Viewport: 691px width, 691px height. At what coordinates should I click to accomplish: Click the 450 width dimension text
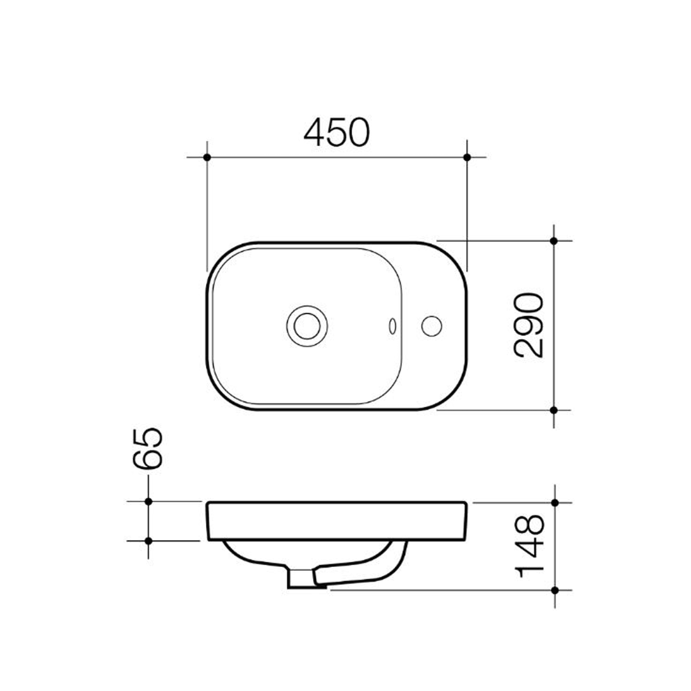337,132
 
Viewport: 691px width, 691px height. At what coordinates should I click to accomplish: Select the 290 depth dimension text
529,325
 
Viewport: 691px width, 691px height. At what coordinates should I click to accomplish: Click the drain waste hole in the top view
306,325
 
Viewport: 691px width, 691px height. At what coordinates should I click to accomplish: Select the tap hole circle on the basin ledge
432,325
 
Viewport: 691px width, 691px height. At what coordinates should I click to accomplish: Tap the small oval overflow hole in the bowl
392,326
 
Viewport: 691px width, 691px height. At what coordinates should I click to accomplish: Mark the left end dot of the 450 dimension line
207,157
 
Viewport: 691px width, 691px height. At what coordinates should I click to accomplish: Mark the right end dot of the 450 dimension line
467,157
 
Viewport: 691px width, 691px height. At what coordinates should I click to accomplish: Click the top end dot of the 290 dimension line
554,241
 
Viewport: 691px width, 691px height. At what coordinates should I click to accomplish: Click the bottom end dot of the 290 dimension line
554,409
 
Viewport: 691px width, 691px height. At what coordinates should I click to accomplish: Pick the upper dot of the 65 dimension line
148,502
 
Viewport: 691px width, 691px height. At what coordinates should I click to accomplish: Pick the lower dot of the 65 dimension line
148,541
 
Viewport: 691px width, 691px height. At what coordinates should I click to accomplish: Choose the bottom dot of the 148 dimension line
555,589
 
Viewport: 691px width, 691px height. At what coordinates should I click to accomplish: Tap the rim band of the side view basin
337,521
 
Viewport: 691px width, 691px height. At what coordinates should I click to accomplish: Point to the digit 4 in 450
314,132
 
